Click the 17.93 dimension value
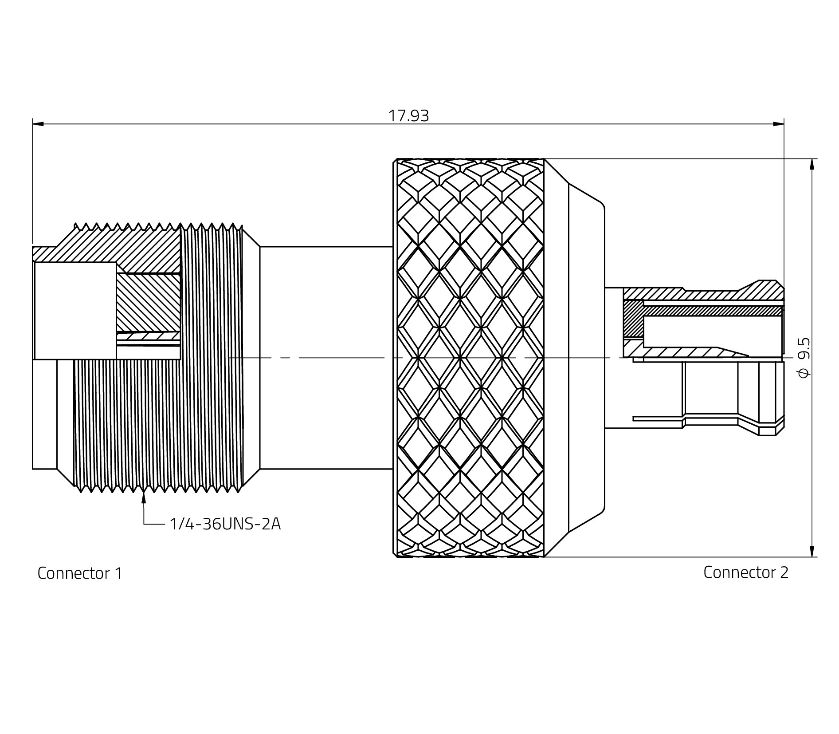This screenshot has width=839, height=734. pyautogui.click(x=408, y=116)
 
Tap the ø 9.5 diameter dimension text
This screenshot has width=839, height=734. pyautogui.click(x=804, y=358)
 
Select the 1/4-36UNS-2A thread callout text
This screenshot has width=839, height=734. pyautogui.click(x=225, y=524)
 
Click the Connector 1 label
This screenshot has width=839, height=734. pyautogui.click(x=79, y=573)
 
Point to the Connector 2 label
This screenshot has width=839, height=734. pyautogui.click(x=746, y=572)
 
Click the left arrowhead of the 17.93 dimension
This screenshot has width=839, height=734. pyautogui.click(x=38, y=124)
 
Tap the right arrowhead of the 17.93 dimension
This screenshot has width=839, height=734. pyautogui.click(x=779, y=124)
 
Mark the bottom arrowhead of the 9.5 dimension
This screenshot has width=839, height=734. pyautogui.click(x=812, y=551)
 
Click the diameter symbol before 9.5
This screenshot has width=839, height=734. pyautogui.click(x=804, y=374)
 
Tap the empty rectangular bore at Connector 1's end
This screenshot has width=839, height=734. pyautogui.click(x=75, y=311)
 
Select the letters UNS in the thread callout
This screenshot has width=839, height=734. pyautogui.click(x=239, y=524)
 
